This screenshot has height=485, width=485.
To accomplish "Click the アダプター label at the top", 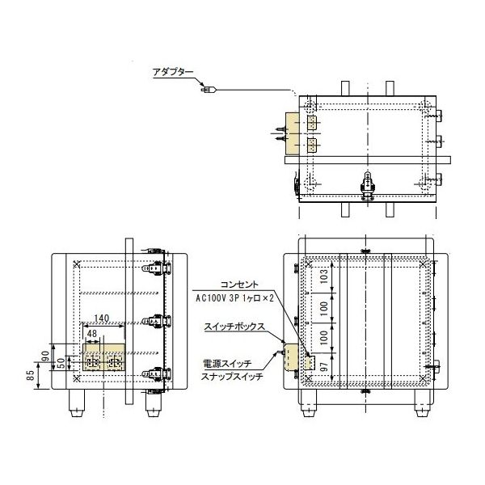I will pyautogui.click(x=173, y=73).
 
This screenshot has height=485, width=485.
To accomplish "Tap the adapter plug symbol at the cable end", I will pyautogui.click(x=206, y=90).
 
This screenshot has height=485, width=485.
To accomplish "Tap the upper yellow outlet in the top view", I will pyautogui.click(x=311, y=123).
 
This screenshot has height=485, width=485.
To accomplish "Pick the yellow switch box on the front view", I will pyautogui.click(x=307, y=361).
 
